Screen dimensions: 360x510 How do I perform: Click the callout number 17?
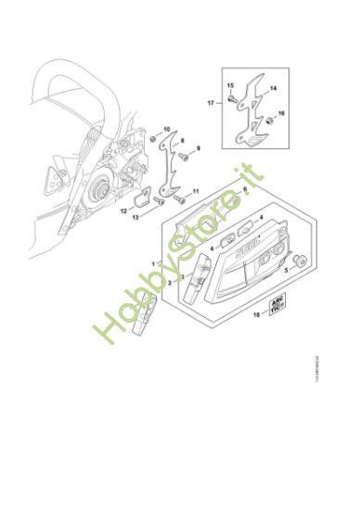tap(211, 104)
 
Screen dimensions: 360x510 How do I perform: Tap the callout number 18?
tap(257, 315)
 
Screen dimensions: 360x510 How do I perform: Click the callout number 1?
tap(153, 263)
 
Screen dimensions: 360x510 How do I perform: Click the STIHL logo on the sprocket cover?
tap(249, 242)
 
